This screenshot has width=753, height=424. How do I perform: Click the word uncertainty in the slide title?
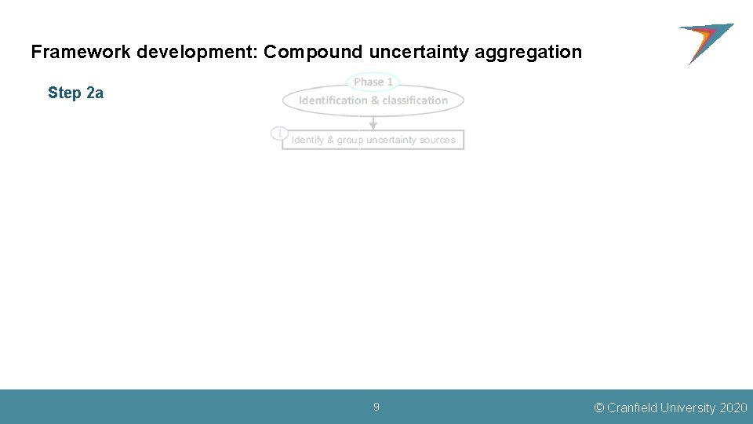click(419, 53)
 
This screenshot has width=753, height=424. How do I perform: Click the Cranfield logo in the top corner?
click(705, 42)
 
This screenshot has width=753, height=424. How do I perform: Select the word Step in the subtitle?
click(64, 93)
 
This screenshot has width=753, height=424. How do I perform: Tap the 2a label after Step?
click(94, 93)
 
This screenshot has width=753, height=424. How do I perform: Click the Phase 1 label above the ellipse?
click(373, 82)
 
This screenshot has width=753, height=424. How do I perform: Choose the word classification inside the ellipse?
click(415, 101)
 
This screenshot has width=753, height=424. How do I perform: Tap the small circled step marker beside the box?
click(278, 133)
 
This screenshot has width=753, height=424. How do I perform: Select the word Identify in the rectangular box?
click(307, 140)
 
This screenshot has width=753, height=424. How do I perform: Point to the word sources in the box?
click(437, 140)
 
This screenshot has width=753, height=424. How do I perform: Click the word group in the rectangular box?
click(350, 140)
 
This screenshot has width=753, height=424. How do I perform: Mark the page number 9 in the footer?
click(376, 407)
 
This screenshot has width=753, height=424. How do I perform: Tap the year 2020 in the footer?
click(733, 408)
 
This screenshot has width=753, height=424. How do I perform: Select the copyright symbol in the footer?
click(599, 408)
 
